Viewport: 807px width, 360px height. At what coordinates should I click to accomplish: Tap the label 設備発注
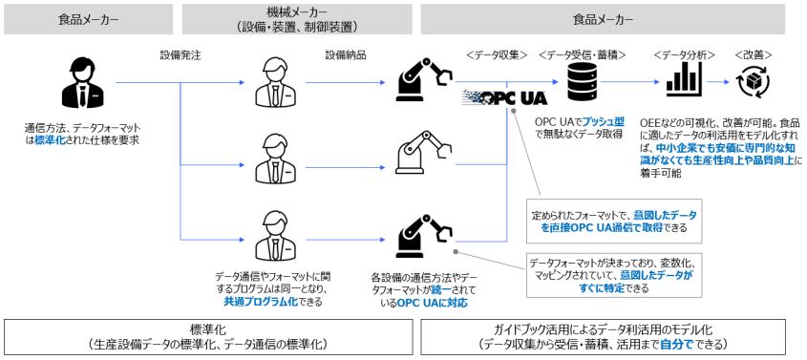pos(180,55)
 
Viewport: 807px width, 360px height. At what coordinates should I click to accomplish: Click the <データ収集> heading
pos(497,55)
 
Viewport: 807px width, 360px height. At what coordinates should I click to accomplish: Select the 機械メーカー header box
pos(297,19)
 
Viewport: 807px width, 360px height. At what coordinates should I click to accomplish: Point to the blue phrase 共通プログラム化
pos(261,302)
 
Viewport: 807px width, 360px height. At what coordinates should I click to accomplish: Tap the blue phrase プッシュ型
pos(606,123)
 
